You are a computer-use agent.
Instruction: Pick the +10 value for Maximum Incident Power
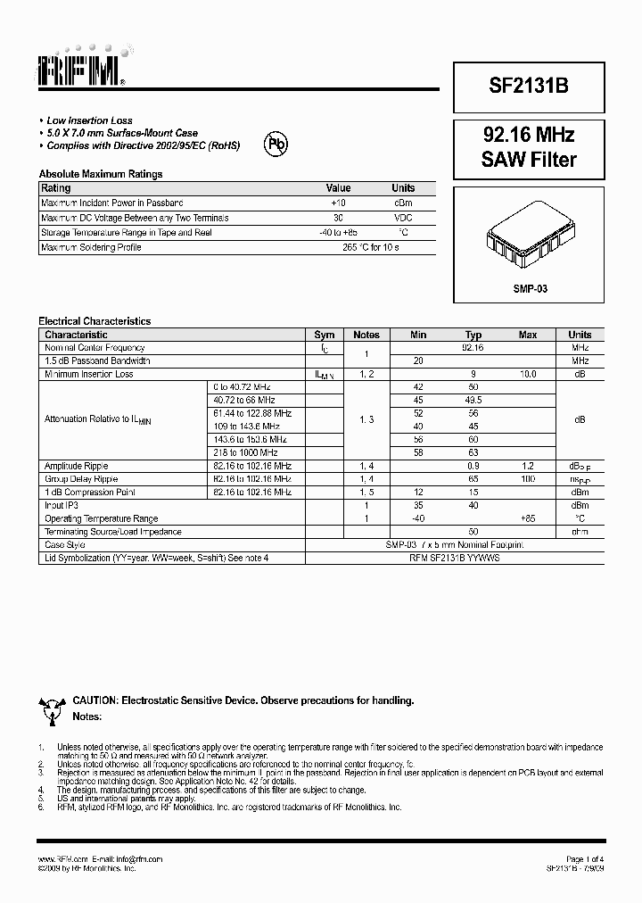coord(339,203)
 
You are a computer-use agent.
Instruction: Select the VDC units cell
coord(403,218)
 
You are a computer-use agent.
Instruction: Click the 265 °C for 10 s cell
coord(370,247)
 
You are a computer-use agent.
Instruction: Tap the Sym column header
coord(325,335)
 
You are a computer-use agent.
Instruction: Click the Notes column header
coord(366,335)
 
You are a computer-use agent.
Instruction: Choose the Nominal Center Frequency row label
coord(95,348)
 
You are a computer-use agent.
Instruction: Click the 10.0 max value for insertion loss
coord(528,375)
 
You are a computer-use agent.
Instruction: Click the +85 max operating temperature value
coord(528,518)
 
